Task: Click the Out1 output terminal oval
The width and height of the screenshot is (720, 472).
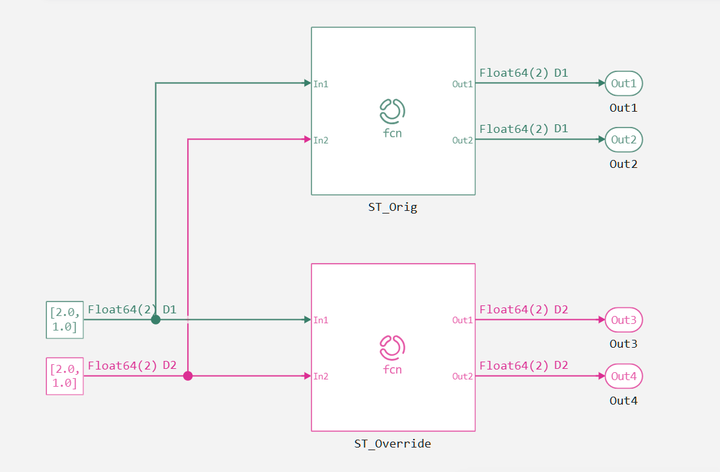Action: [x=623, y=84]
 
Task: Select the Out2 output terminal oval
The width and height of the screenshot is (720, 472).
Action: [x=623, y=140]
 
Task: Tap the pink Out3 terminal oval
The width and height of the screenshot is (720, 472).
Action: [x=623, y=320]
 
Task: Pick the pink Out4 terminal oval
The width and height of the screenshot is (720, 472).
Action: [x=623, y=376]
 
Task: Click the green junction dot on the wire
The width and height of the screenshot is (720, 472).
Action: [x=155, y=320]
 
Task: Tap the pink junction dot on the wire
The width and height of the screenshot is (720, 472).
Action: [x=188, y=376]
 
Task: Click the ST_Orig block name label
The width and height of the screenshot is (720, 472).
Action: [x=393, y=208]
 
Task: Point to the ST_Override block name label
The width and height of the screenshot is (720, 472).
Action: [x=393, y=444]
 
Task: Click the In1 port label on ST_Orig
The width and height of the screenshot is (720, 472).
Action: [x=321, y=84]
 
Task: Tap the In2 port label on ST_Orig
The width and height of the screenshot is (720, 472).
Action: [x=321, y=140]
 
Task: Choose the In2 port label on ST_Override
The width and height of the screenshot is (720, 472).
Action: [x=321, y=376]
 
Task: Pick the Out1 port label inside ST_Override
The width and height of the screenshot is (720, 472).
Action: [x=462, y=320]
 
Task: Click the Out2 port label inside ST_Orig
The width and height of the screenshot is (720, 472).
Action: [x=462, y=140]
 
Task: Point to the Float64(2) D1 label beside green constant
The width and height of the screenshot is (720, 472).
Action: [x=132, y=309]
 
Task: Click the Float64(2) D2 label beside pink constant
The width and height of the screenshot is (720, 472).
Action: [x=132, y=366]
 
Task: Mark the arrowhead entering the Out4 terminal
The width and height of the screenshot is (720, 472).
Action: [x=601, y=376]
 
